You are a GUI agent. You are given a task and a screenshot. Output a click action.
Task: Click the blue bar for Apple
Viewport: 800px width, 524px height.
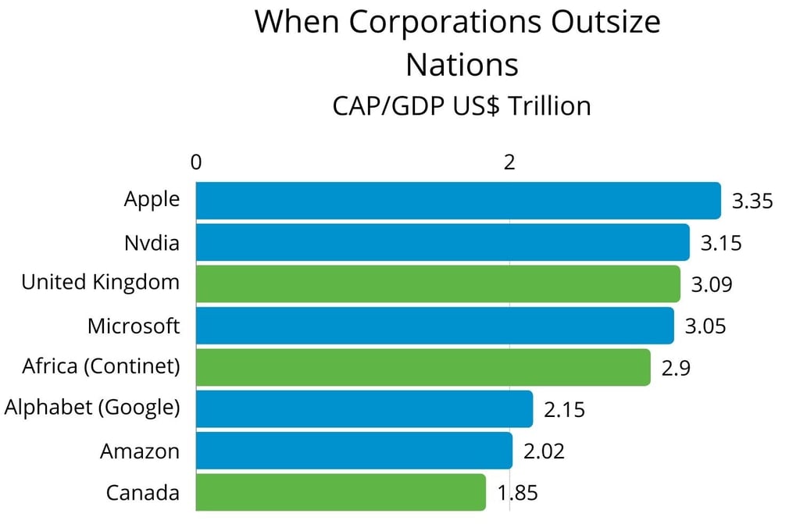pos(458,201)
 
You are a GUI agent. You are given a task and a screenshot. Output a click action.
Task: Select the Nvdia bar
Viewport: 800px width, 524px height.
pos(442,242)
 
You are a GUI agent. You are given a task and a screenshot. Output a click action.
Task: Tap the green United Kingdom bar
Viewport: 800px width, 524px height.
pos(437,283)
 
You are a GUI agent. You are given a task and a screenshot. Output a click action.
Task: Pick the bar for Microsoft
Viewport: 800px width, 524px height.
pos(434,326)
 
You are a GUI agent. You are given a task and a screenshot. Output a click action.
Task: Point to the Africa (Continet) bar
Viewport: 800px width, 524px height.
pos(423,367)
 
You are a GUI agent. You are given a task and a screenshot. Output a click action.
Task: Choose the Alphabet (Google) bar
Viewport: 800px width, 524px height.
pos(364,409)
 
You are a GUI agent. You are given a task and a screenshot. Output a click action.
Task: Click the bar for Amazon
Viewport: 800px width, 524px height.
pos(354,451)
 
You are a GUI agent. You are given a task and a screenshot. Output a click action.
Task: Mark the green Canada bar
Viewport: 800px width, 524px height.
pos(341,493)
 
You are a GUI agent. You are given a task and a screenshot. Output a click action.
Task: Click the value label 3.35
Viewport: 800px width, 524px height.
pos(752,201)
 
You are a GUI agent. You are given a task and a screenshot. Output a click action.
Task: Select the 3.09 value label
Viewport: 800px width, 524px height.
pos(712,284)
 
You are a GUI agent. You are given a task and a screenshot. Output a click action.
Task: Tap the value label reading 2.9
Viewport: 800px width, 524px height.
pos(675,368)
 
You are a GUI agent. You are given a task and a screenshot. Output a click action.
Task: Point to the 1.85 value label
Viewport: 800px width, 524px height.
pos(517,494)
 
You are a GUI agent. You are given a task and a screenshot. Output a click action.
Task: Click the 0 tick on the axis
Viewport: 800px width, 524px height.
pos(196,162)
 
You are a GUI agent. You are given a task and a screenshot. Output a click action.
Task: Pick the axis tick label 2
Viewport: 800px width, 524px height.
pos(510,162)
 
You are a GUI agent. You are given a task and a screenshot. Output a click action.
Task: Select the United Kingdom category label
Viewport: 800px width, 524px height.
pos(100,282)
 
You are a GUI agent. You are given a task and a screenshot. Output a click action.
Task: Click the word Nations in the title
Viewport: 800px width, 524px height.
pos(462,64)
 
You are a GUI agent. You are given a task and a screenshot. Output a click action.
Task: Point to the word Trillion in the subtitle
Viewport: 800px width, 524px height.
pos(549,105)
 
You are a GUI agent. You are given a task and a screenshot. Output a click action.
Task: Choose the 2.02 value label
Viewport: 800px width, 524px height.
pos(543,451)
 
